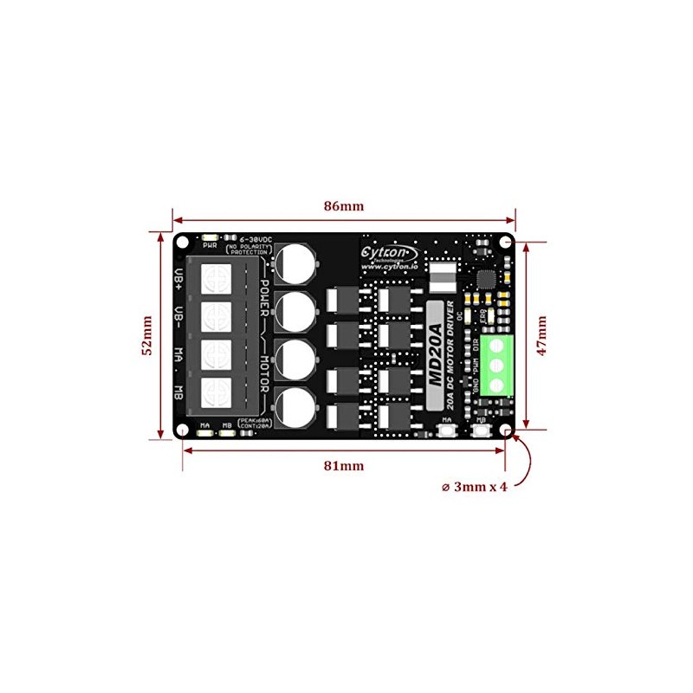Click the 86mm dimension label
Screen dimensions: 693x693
point(345,206)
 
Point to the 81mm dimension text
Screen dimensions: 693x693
point(344,465)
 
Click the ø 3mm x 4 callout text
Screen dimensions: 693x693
point(474,487)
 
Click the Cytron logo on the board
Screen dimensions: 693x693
point(389,250)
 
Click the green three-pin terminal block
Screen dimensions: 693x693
point(496,365)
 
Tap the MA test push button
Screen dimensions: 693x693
point(448,432)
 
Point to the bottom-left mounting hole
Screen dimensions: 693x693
point(183,429)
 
